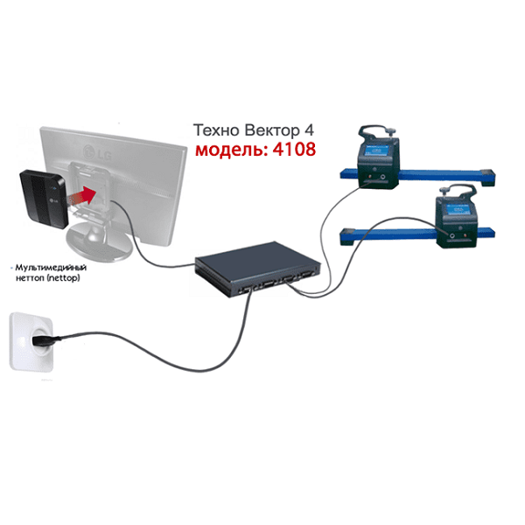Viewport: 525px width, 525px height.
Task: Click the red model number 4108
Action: click(x=294, y=149)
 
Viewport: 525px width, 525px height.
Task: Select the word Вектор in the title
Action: click(x=271, y=130)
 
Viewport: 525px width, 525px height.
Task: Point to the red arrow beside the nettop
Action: click(x=84, y=196)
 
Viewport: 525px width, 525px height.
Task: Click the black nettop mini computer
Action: click(x=43, y=199)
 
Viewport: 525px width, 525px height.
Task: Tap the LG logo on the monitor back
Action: click(x=98, y=152)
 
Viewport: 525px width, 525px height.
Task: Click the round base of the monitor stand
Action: click(x=99, y=241)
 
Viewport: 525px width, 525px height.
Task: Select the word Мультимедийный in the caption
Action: click(x=51, y=268)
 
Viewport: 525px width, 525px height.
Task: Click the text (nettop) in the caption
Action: click(x=63, y=278)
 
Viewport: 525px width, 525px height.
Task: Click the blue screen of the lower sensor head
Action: click(x=457, y=209)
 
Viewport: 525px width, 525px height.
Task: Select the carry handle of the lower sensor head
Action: click(x=458, y=191)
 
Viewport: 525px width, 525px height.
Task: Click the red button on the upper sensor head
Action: click(x=369, y=176)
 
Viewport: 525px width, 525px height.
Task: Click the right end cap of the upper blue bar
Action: click(x=488, y=178)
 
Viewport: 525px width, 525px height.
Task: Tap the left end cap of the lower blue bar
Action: click(x=348, y=236)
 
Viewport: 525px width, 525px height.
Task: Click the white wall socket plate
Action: click(x=31, y=341)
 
